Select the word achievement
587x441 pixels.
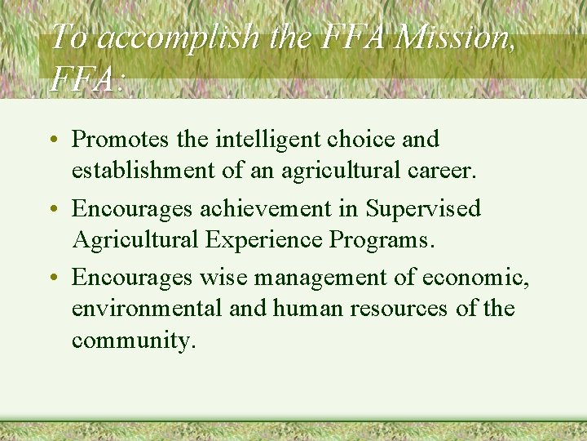click(267, 209)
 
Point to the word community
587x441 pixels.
click(133, 340)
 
